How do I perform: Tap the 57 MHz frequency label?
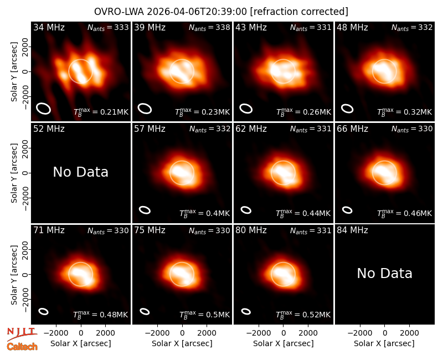tap(150, 129)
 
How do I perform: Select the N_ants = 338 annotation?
tap(209, 28)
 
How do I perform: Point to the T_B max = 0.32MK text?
tap(405, 112)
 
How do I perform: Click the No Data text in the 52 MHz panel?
tap(81, 172)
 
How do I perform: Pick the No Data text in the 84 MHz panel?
tap(384, 273)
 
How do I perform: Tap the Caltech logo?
tap(22, 347)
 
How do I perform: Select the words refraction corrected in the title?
tap(299, 12)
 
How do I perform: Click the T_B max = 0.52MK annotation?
tap(303, 315)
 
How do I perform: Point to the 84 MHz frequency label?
tap(352, 230)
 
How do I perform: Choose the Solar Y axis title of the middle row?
tap(14, 173)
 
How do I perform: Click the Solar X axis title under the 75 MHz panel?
tap(182, 343)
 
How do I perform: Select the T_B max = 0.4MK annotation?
tap(204, 213)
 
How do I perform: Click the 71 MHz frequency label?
tap(49, 230)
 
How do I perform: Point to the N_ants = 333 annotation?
tap(108, 28)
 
